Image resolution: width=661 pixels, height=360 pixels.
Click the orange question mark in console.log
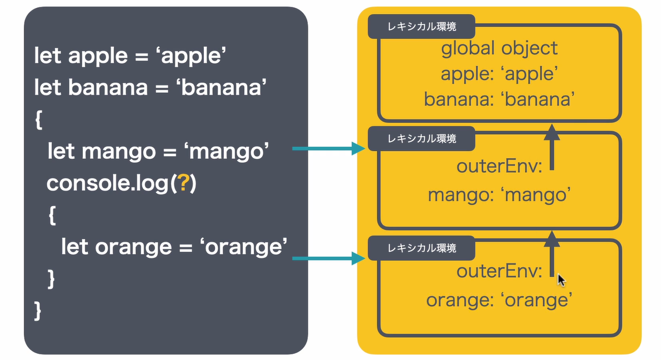182,183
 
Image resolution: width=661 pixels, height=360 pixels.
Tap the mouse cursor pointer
562,280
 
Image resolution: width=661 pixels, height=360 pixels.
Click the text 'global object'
499,48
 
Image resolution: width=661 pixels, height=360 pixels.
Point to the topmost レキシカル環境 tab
422,27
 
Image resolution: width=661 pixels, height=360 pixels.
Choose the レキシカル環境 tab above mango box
422,138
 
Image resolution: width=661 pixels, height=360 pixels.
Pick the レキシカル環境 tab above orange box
422,248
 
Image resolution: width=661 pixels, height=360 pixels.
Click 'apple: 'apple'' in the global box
499,74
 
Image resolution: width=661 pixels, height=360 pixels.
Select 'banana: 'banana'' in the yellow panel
499,99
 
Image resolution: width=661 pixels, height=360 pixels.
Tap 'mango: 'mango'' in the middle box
499,195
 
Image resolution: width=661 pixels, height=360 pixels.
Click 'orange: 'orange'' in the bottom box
499,300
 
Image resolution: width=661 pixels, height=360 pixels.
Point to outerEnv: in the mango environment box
499,166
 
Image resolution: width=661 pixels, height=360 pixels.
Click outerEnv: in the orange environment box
499,272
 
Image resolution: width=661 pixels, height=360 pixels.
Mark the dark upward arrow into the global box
552,147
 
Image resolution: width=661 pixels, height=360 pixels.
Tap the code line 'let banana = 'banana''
148,87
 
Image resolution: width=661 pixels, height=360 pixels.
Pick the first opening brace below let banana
38,119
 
